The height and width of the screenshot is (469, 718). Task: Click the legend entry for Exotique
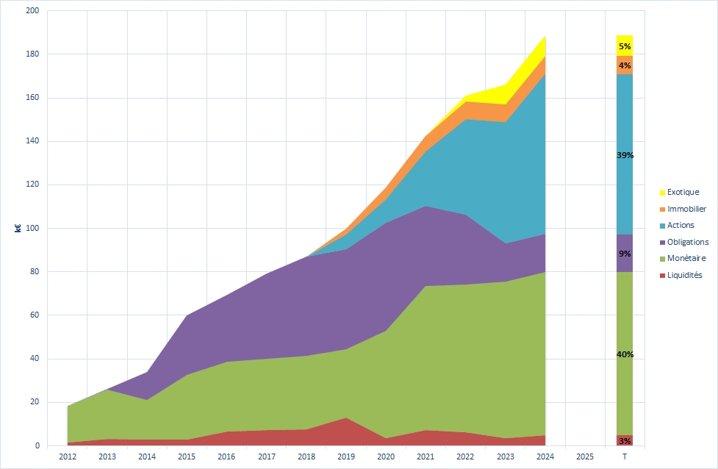point(683,193)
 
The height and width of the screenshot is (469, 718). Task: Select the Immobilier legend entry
point(686,209)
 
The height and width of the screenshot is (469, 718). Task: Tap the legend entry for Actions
point(681,225)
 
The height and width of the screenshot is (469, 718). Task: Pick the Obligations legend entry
point(688,242)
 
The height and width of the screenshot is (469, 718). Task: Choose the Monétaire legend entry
point(686,258)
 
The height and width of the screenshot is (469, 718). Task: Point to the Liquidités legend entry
point(685,275)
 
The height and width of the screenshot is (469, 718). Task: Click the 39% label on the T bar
point(625,156)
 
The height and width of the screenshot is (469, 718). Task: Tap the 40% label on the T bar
point(625,354)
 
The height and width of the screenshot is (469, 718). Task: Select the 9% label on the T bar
point(625,254)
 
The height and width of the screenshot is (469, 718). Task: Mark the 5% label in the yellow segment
point(625,46)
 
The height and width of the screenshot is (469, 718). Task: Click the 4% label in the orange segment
point(625,65)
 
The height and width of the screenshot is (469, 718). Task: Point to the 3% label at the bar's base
point(625,441)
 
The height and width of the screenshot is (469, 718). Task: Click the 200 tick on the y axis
point(32,11)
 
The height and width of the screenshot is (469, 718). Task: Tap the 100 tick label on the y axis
point(32,229)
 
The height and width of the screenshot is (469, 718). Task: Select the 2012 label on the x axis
point(67,457)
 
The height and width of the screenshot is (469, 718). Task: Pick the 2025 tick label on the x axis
point(585,457)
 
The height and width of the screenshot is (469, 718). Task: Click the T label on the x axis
point(625,457)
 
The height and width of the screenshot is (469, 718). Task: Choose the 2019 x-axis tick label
point(345,457)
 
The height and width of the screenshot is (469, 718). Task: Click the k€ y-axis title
point(18,229)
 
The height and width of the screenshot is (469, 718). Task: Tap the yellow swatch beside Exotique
point(662,193)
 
